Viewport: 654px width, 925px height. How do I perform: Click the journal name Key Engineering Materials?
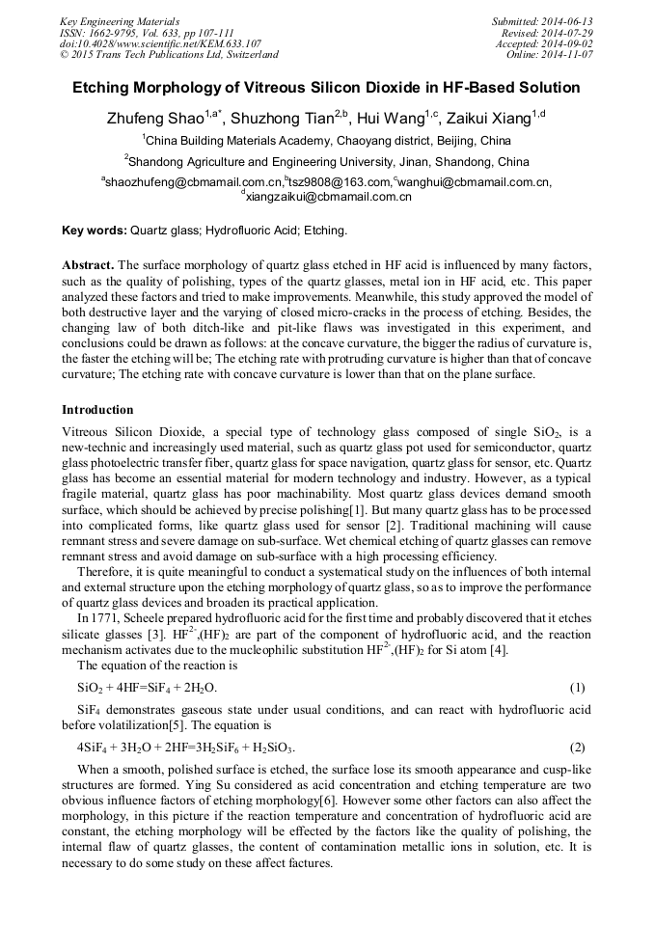click(120, 20)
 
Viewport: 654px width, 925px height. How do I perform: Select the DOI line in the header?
click(160, 43)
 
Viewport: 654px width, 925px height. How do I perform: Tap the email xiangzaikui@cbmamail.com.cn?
click(330, 196)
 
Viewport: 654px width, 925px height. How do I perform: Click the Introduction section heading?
click(97, 410)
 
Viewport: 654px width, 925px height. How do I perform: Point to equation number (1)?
click(577, 688)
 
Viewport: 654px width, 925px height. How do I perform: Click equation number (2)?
click(577, 748)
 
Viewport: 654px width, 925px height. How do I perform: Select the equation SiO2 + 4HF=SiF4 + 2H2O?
click(147, 688)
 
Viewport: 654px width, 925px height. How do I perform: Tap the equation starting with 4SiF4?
click(185, 748)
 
